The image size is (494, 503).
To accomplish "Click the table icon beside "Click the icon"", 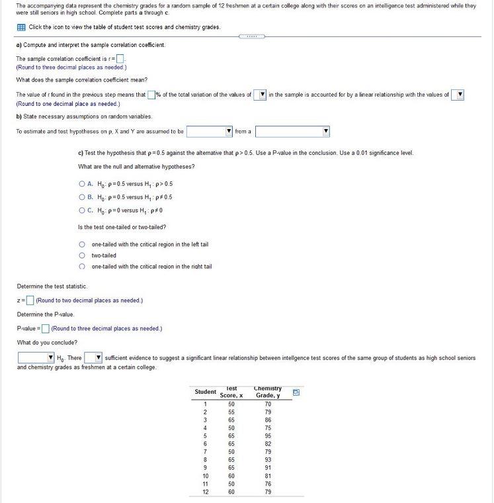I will pyautogui.click(x=21, y=27).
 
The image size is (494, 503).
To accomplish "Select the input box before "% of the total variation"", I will pyautogui.click(x=151, y=95).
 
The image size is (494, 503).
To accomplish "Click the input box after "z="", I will pyautogui.click(x=30, y=300).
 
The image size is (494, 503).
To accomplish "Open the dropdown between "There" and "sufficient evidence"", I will pyautogui.click(x=92, y=358).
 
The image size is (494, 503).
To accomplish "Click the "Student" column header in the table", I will pyautogui.click(x=205, y=392).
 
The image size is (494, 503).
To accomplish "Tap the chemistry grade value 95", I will pyautogui.click(x=267, y=435).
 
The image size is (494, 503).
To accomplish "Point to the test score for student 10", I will pyautogui.click(x=231, y=476).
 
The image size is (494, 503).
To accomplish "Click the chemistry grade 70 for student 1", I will pyautogui.click(x=267, y=404).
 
